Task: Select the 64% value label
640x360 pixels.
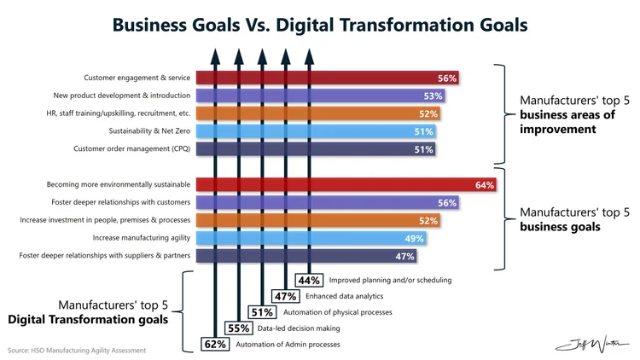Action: pyautogui.click(x=485, y=185)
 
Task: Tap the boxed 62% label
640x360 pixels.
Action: pyautogui.click(x=214, y=345)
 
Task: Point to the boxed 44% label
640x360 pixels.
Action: pyautogui.click(x=309, y=280)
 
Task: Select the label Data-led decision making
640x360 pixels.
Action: pyautogui.click(x=300, y=328)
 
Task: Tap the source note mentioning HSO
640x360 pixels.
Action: pyautogui.click(x=77, y=350)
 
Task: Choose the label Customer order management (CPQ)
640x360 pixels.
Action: pyautogui.click(x=131, y=149)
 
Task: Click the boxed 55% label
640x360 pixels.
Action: pyautogui.click(x=238, y=328)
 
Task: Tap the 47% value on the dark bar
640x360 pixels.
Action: pyautogui.click(x=405, y=256)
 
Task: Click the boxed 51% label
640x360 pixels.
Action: pyautogui.click(x=261, y=312)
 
